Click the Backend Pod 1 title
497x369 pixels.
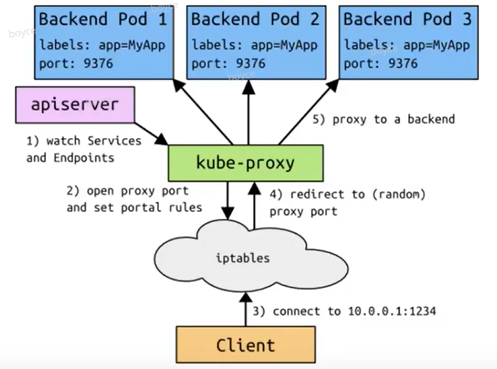pos(102,19)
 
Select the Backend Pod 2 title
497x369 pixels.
pos(255,19)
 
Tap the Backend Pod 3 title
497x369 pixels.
pos(407,19)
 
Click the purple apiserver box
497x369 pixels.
pos(76,106)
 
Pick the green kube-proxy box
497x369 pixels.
pos(245,163)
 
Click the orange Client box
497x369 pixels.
pos(245,345)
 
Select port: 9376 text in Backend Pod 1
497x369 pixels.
pos(76,64)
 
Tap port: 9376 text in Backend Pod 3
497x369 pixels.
pos(380,64)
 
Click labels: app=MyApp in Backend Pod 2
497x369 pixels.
pos(255,46)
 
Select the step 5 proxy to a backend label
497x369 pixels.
pos(384,119)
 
